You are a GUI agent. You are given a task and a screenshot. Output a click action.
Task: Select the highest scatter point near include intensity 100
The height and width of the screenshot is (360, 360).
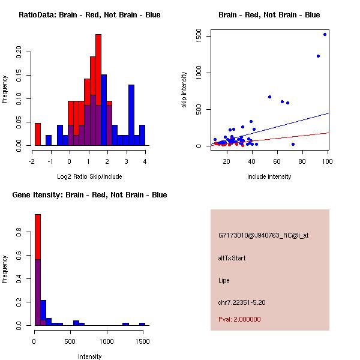(325, 34)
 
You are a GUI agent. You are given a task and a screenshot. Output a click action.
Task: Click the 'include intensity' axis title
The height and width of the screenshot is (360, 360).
(269, 176)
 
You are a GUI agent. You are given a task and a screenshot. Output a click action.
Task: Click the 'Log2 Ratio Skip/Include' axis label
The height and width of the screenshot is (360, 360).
(89, 176)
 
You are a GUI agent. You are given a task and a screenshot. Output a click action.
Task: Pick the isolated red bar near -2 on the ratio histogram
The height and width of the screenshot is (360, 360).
(38, 134)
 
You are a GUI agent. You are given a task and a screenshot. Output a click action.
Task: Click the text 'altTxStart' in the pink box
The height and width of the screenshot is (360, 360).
(232, 258)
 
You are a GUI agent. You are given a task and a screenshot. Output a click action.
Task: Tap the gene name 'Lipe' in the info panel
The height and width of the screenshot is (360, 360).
(224, 280)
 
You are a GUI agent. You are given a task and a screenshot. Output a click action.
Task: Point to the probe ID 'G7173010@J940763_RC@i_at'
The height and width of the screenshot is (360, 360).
(263, 236)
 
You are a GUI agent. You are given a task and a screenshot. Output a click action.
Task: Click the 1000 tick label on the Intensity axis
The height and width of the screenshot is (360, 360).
(107, 341)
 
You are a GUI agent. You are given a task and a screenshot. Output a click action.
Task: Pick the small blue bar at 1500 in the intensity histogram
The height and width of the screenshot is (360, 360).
(142, 324)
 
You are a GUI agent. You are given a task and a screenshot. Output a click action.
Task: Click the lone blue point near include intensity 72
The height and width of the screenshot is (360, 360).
(293, 144)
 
